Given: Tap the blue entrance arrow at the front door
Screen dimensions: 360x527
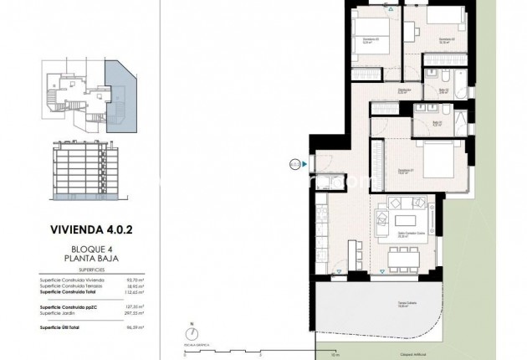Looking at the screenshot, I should [305, 164].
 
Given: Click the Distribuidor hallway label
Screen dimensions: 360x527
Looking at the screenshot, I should [405, 91].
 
